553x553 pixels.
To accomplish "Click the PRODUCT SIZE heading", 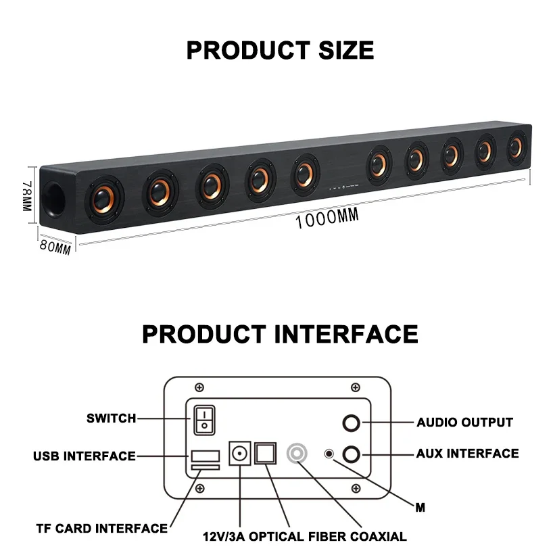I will point(280,51).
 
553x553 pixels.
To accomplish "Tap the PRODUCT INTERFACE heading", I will point(280,334).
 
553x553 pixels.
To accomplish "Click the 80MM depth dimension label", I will point(55,247).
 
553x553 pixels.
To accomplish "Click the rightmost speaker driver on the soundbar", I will point(516,147).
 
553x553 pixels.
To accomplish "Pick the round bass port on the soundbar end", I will point(57,199).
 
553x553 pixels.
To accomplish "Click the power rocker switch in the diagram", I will point(204,419).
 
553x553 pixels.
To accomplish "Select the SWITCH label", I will point(111,418).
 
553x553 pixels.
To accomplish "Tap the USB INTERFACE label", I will point(85,456).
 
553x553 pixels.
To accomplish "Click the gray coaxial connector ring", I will point(297,452).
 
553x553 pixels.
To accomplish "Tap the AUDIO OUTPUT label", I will point(464,423).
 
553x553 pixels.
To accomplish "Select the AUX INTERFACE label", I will point(468,454).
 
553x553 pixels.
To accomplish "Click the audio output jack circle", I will point(352,423).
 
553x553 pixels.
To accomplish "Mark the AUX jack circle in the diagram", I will point(352,454).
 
